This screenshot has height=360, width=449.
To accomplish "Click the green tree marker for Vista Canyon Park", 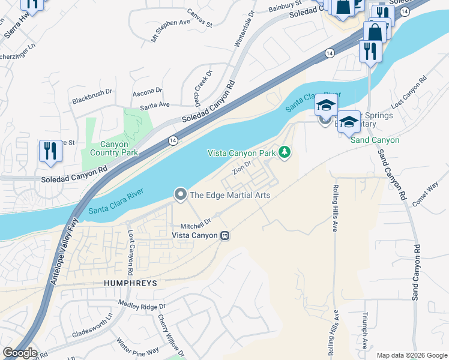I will [x=285, y=154].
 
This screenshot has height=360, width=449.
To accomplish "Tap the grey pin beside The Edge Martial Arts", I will [x=179, y=194].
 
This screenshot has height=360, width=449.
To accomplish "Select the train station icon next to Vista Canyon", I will [x=225, y=235].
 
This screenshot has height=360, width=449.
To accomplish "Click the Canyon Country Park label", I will [x=110, y=148].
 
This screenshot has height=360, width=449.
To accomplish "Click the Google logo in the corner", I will [x=19, y=353].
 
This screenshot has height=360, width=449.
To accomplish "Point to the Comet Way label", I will [x=426, y=197].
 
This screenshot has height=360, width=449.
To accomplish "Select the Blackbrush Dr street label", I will [x=92, y=93].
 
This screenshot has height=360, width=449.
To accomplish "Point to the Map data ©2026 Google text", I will [x=411, y=355].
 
